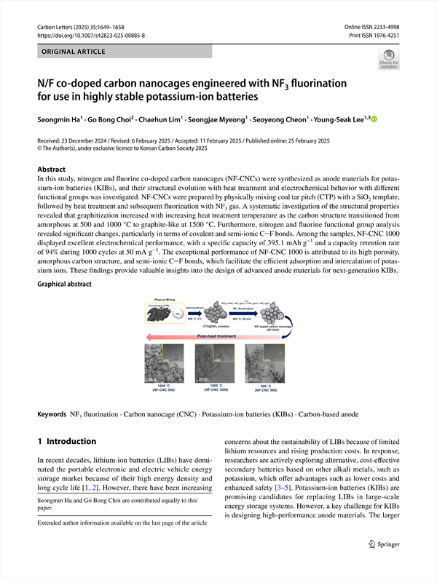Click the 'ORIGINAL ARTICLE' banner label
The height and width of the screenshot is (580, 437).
coord(75,52)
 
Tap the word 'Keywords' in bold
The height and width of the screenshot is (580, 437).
coord(52,414)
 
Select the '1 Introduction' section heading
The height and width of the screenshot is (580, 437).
coord(66,441)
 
